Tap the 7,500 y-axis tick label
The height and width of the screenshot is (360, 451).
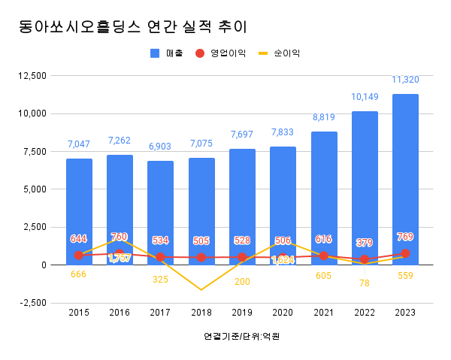[x=34, y=152]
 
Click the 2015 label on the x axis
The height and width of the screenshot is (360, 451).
[x=79, y=313]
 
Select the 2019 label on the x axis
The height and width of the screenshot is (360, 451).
[x=242, y=313]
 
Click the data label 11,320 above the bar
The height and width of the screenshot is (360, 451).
[x=405, y=80]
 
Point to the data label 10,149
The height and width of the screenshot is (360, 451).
[x=365, y=97]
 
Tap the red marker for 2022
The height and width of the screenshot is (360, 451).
[x=365, y=259]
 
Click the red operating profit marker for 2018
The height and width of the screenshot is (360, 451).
[x=201, y=257]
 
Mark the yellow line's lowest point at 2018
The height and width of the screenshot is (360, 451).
[x=201, y=289]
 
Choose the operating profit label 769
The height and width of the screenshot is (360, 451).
[x=405, y=237]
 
